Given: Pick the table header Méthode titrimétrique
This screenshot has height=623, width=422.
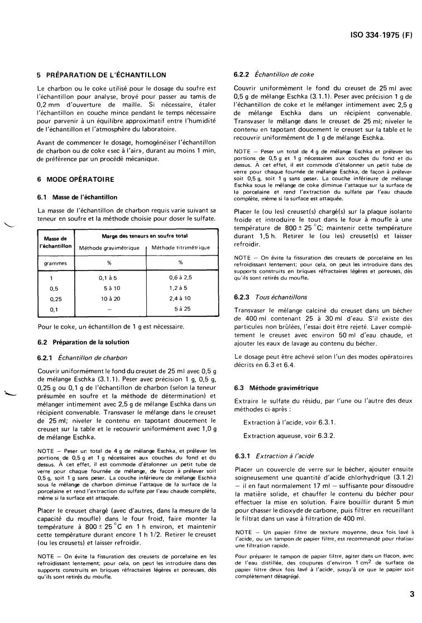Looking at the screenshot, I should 180,247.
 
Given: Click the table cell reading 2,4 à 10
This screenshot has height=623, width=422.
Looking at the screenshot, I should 180,298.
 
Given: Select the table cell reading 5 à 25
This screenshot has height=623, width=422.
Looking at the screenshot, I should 182,308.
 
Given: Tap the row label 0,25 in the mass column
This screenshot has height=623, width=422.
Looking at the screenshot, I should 55,298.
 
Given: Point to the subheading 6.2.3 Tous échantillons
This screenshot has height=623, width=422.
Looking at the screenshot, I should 270,297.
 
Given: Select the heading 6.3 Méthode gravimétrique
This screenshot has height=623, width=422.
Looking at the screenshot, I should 275,387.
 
